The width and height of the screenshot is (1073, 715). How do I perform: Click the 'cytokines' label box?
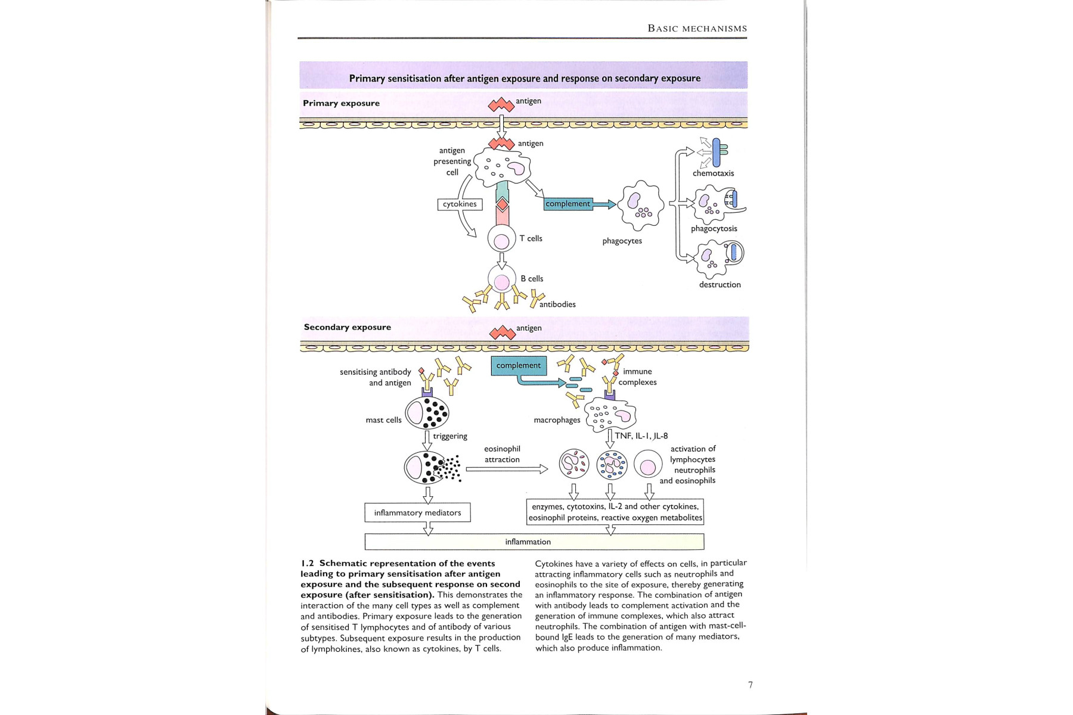click(x=460, y=204)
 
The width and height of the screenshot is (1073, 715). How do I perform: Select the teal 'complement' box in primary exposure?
click(x=568, y=204)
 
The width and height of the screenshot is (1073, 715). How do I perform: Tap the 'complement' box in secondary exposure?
click(x=519, y=366)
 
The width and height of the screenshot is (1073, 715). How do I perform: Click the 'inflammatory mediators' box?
click(x=417, y=513)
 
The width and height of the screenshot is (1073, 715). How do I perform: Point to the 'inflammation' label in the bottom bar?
click(x=528, y=542)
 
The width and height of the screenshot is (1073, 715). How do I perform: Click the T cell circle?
click(x=502, y=240)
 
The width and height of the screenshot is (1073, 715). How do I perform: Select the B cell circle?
click(x=502, y=280)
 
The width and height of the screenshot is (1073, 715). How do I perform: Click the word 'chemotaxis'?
click(x=713, y=173)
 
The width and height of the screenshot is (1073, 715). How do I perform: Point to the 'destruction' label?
click(x=720, y=285)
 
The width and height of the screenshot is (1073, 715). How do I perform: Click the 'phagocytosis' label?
click(x=714, y=229)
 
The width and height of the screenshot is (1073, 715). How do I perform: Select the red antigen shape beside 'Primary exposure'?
click(x=501, y=105)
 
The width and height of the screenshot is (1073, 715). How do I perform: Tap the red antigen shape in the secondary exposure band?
click(x=502, y=332)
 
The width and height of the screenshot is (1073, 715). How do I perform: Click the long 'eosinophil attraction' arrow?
click(x=507, y=470)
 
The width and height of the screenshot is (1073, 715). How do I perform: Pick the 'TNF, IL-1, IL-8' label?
click(x=641, y=436)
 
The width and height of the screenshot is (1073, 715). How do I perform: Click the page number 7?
click(x=750, y=685)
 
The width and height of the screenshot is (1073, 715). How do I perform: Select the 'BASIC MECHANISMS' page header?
click(x=697, y=29)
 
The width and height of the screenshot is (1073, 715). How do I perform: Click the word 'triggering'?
click(x=450, y=436)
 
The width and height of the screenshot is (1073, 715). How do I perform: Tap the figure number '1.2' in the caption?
click(x=307, y=564)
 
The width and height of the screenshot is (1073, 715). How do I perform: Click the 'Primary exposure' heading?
click(x=341, y=103)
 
